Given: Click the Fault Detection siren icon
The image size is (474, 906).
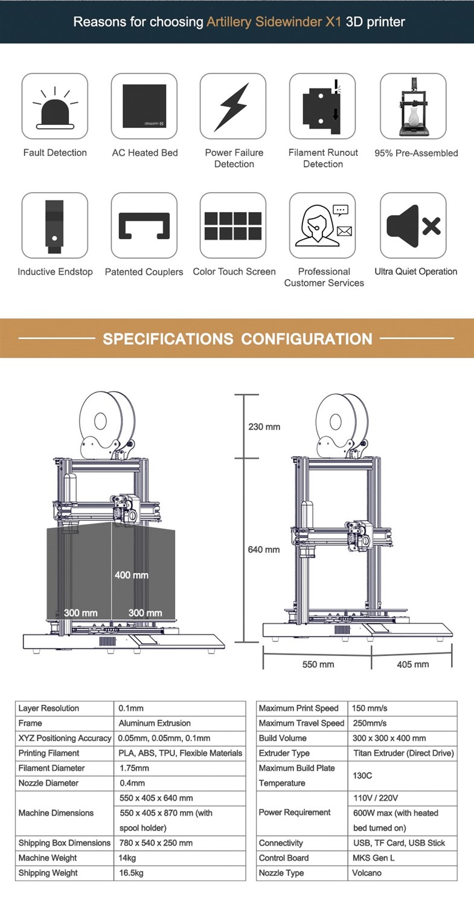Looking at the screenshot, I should coord(55,106).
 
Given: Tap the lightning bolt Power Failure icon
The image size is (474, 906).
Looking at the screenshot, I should coord(233,106).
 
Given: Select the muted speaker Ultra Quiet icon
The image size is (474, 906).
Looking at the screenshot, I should coord(413,225).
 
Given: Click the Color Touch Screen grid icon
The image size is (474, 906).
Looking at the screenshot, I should coord(233,225).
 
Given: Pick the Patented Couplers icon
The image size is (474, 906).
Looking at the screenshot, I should coord(144,225).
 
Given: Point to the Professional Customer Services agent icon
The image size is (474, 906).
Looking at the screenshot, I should coord(322,225).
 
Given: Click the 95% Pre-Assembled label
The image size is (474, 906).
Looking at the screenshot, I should coord(416,153).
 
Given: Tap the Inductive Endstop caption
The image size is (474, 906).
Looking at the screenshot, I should coord(55,272).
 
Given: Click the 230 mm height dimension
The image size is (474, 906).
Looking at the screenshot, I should coord(264,427).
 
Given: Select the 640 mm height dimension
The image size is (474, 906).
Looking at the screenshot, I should coord(264,550).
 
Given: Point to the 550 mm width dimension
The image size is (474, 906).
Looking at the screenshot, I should coord(318,664).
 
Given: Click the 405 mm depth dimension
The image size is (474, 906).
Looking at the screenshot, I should coord(413,664).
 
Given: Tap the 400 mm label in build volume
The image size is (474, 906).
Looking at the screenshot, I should coord(132,575).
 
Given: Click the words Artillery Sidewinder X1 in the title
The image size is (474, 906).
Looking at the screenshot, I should coord(274,22).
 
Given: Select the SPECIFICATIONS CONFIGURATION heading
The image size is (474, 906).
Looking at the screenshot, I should coord(237,339).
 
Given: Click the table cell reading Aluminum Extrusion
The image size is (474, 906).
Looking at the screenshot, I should coord(155,723).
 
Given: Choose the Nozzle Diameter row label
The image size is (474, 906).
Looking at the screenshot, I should coord(48,783).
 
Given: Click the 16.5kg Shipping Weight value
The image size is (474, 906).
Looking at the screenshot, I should coord(131,873).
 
